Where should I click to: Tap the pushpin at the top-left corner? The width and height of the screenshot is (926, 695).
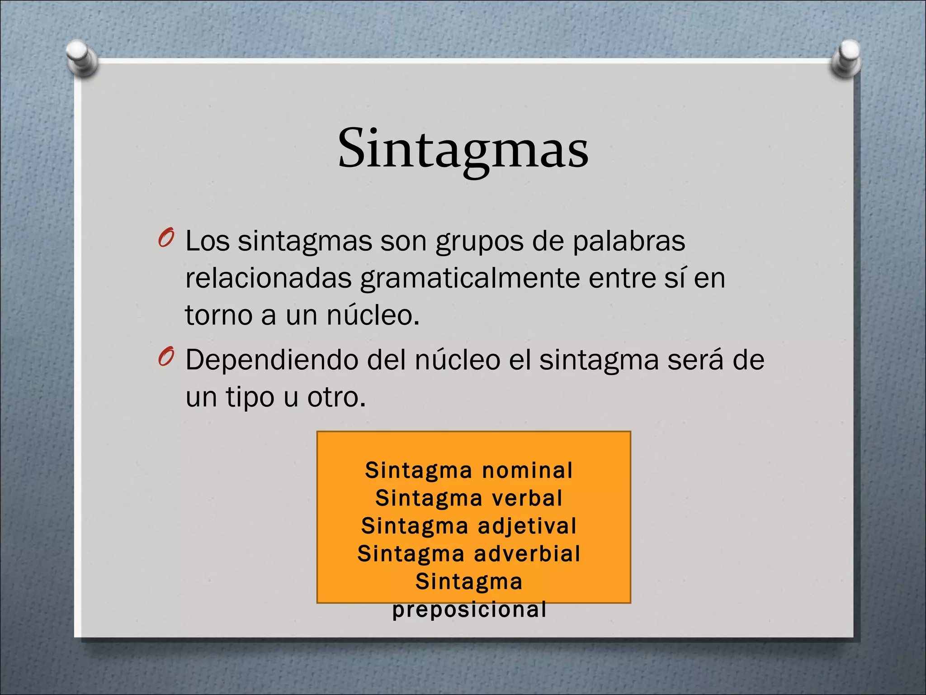(81, 57)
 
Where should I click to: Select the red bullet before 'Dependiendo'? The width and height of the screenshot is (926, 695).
(166, 357)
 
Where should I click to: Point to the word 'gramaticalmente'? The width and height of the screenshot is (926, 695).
(470, 278)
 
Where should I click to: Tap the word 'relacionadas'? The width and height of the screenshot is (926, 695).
(268, 278)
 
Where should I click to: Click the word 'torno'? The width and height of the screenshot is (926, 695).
(218, 315)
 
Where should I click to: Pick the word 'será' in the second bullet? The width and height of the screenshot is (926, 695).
(695, 360)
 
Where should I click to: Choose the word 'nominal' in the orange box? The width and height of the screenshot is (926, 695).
(527, 471)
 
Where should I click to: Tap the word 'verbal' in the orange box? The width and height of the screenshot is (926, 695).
(527, 498)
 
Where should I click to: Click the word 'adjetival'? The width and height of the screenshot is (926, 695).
(527, 526)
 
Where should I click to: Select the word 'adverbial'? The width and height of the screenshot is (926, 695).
(527, 554)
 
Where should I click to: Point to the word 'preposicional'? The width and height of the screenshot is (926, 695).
(469, 609)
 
